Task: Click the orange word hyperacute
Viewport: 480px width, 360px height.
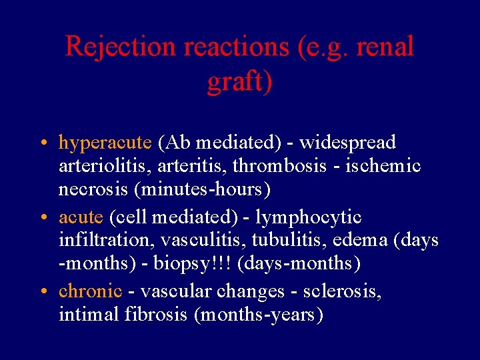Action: point(105,143)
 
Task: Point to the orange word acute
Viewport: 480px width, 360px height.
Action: point(81,217)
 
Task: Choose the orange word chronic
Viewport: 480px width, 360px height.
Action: point(90,291)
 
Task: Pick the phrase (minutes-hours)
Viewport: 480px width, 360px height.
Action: point(202,189)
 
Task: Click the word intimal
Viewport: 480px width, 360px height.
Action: point(90,314)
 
